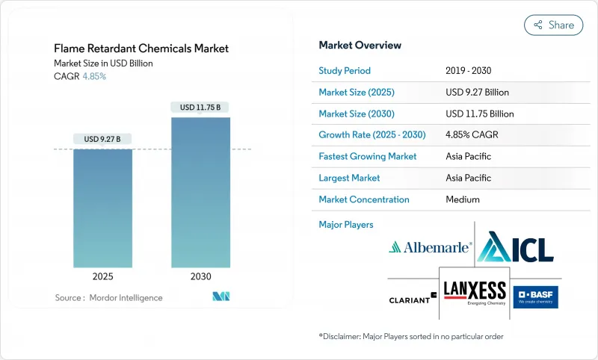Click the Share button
[x=553, y=25]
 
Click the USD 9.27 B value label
[x=102, y=139]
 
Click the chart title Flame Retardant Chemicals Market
[x=141, y=49]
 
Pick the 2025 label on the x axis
[x=102, y=276]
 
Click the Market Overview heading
[x=360, y=46]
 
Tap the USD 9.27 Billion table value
[x=477, y=93]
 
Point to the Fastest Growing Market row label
[x=368, y=157]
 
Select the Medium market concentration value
[x=462, y=199]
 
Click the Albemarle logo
[x=430, y=246]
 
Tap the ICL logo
[x=515, y=246]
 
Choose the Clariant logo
[x=412, y=299]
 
